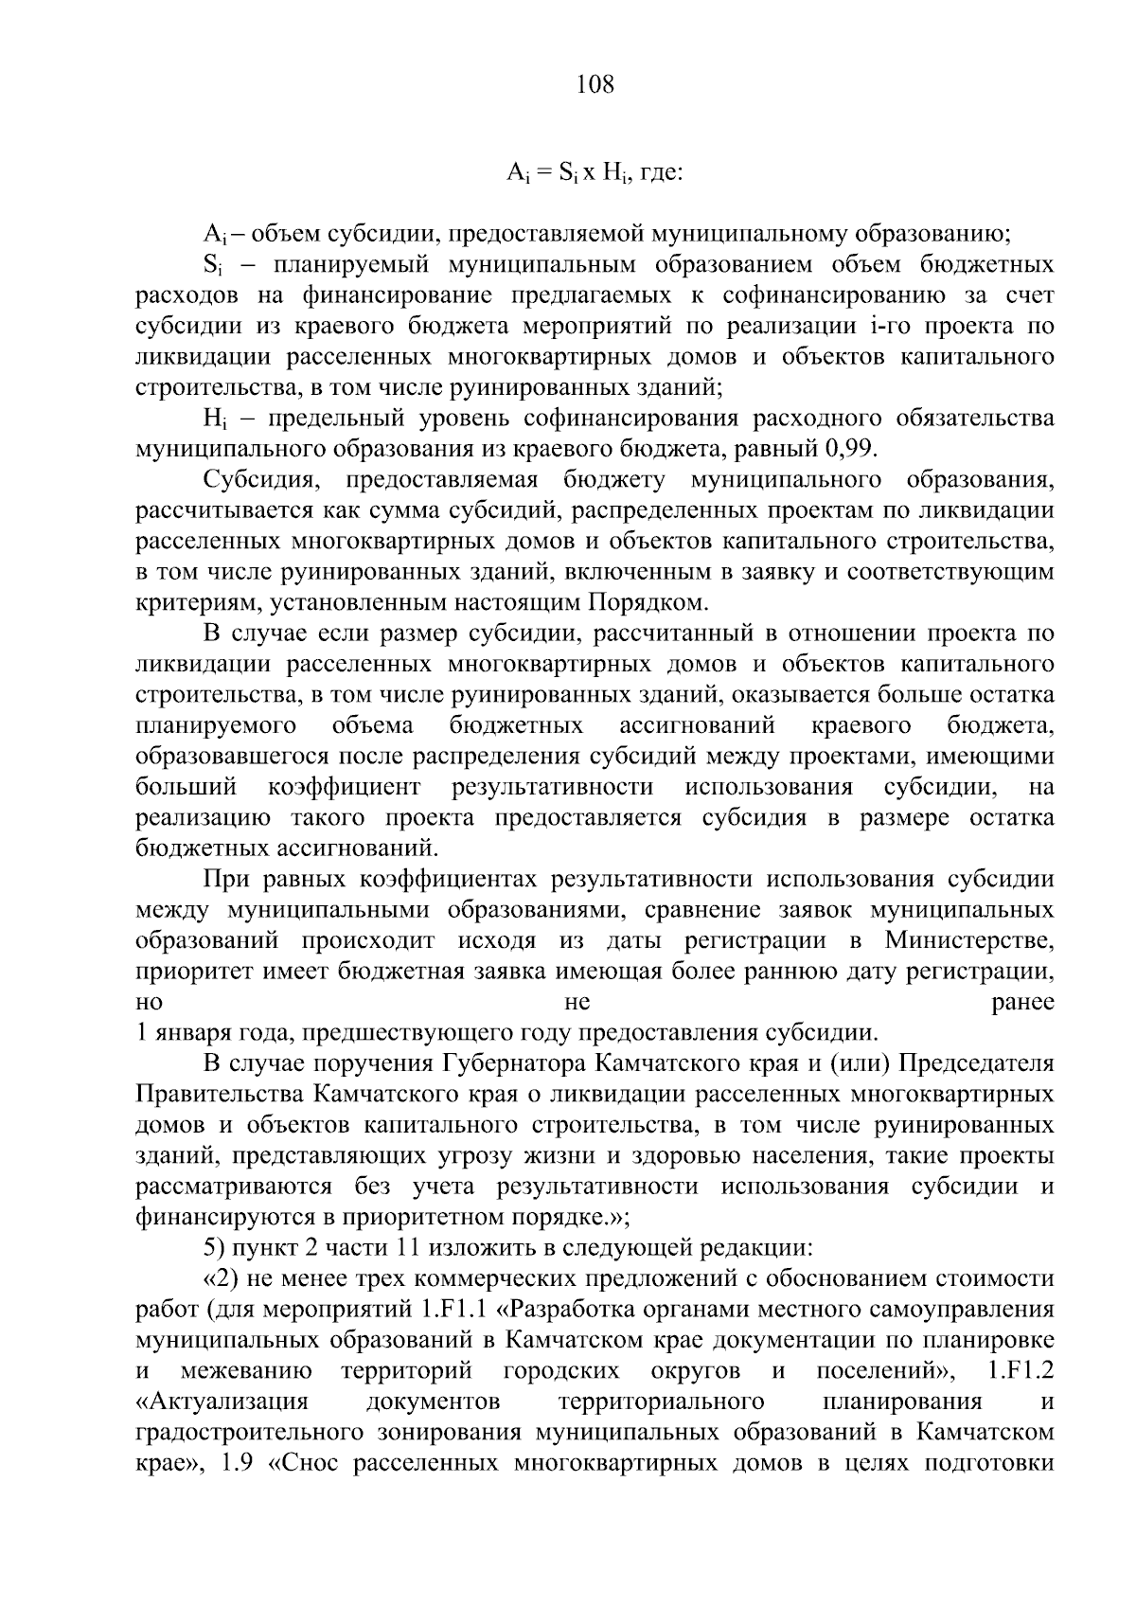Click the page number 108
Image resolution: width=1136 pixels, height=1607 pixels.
pyautogui.click(x=595, y=85)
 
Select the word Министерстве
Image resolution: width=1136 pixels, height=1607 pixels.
pyautogui.click(x=970, y=941)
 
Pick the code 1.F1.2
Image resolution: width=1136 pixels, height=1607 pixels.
pyautogui.click(x=1020, y=1370)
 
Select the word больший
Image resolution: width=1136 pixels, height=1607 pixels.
pyautogui.click(x=185, y=787)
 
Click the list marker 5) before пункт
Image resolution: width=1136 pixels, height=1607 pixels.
pyautogui.click(x=215, y=1248)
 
